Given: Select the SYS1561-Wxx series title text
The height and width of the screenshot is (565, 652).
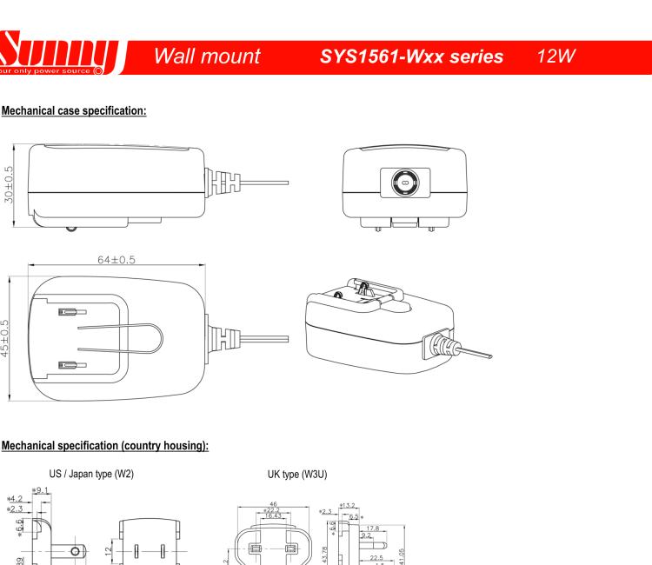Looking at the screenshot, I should pyautogui.click(x=420, y=57).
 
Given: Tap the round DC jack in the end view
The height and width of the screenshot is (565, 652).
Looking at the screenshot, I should pyautogui.click(x=404, y=184).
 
